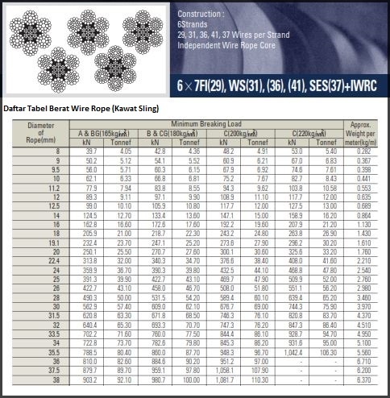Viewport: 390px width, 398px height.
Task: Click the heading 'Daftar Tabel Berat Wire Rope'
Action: click(81, 109)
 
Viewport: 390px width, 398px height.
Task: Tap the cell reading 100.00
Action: click(192, 379)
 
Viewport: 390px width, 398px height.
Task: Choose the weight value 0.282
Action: click(363, 151)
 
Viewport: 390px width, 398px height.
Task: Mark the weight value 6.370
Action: click(363, 379)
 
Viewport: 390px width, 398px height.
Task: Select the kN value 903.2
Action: click(88, 379)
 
